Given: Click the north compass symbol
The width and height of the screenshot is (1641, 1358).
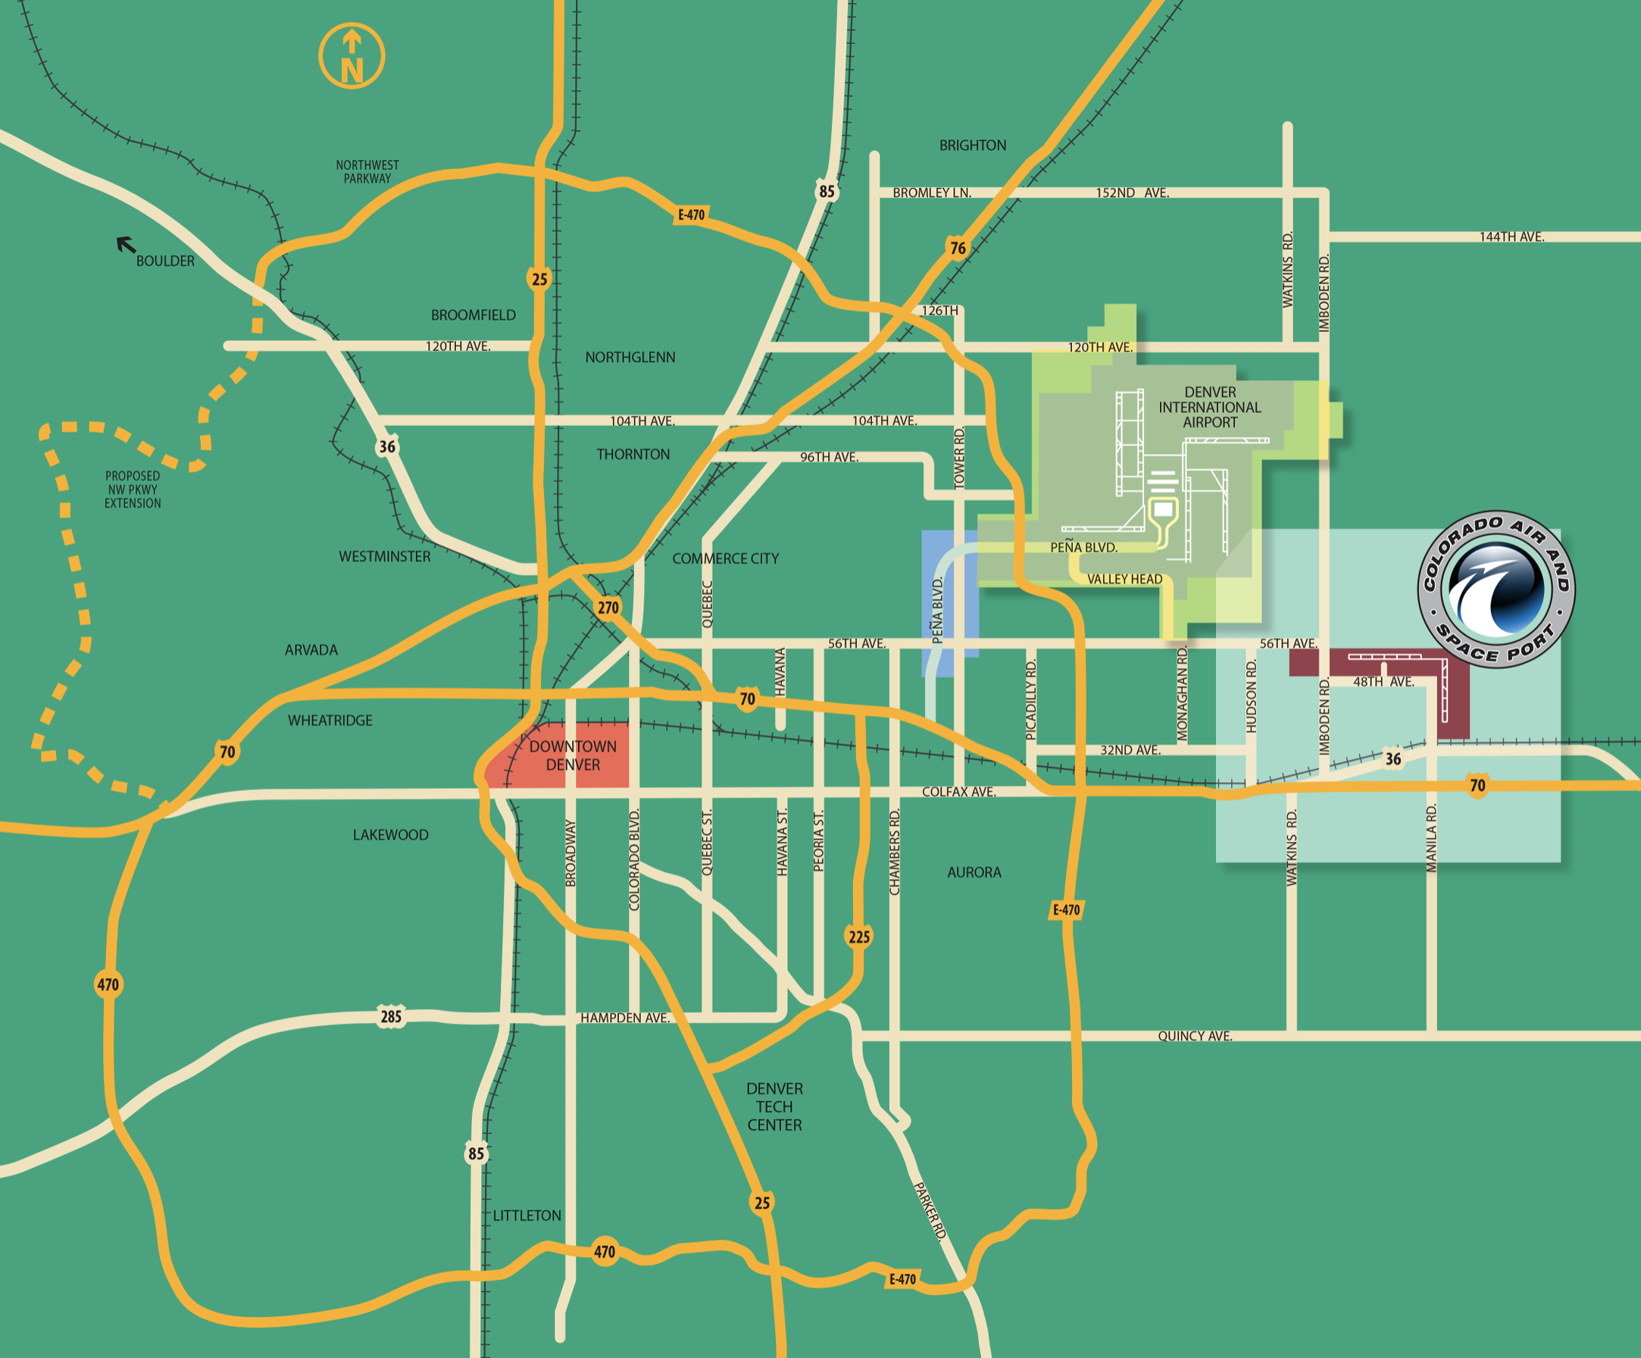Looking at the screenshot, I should pyautogui.click(x=352, y=56).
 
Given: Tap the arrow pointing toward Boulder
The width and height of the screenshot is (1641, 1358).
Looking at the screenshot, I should pyautogui.click(x=126, y=246).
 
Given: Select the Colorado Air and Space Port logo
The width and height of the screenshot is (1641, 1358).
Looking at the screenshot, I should pyautogui.click(x=1496, y=590).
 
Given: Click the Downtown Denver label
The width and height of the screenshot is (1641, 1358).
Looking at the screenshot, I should pyautogui.click(x=573, y=756).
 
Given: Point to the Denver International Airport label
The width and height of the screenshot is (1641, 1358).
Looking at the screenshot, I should pyautogui.click(x=1210, y=407).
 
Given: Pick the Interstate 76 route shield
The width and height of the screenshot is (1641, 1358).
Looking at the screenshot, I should pyautogui.click(x=958, y=248).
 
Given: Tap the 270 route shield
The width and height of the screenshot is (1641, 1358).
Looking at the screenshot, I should pyautogui.click(x=608, y=608).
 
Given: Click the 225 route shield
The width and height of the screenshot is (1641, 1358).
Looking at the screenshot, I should pyautogui.click(x=859, y=937).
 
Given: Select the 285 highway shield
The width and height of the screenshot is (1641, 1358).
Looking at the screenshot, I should pyautogui.click(x=391, y=1016).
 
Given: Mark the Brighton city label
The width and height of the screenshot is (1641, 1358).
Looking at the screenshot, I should pyautogui.click(x=972, y=145).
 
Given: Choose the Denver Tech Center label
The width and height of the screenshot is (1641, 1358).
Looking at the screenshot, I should pyautogui.click(x=774, y=1106).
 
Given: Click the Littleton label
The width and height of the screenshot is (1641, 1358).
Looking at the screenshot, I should pyautogui.click(x=527, y=1216).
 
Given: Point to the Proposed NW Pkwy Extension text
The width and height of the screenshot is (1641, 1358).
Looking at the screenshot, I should pyautogui.click(x=133, y=490).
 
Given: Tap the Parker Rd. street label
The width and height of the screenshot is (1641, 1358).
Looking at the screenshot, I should pyautogui.click(x=930, y=1210).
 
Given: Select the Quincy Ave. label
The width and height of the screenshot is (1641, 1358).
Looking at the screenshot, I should pyautogui.click(x=1195, y=1036).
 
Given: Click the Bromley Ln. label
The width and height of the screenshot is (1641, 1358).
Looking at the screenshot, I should pyautogui.click(x=931, y=193).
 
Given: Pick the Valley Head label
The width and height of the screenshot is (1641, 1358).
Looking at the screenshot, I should pyautogui.click(x=1124, y=579).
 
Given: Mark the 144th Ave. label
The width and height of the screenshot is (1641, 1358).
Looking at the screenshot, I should pyautogui.click(x=1511, y=237).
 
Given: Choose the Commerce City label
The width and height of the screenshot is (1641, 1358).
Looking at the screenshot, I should pyautogui.click(x=725, y=559).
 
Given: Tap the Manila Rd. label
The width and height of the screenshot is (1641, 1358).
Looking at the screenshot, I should pyautogui.click(x=1431, y=838).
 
